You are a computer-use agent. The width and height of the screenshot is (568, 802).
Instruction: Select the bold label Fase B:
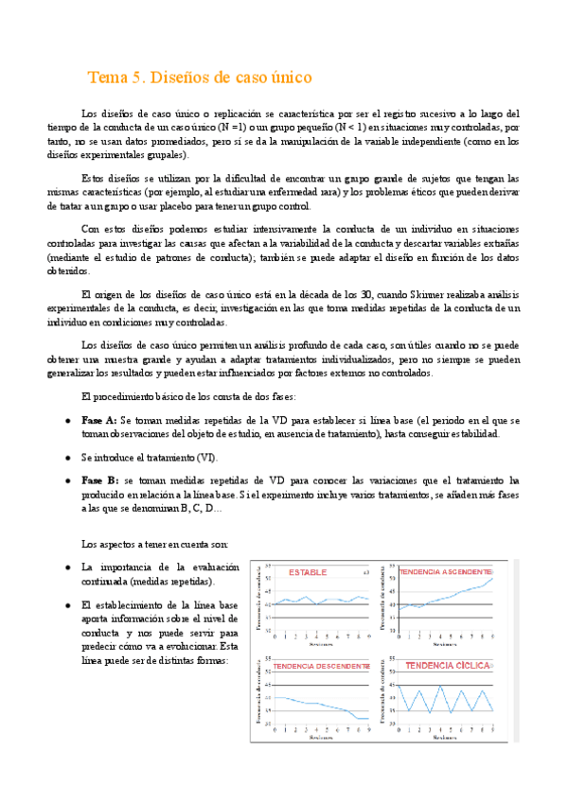[99, 480]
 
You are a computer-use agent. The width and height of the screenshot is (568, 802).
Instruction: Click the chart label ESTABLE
[309, 572]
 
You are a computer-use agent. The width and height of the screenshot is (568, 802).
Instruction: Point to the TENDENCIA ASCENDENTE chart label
[446, 572]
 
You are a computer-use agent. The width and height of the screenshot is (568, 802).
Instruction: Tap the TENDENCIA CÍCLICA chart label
[446, 666]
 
